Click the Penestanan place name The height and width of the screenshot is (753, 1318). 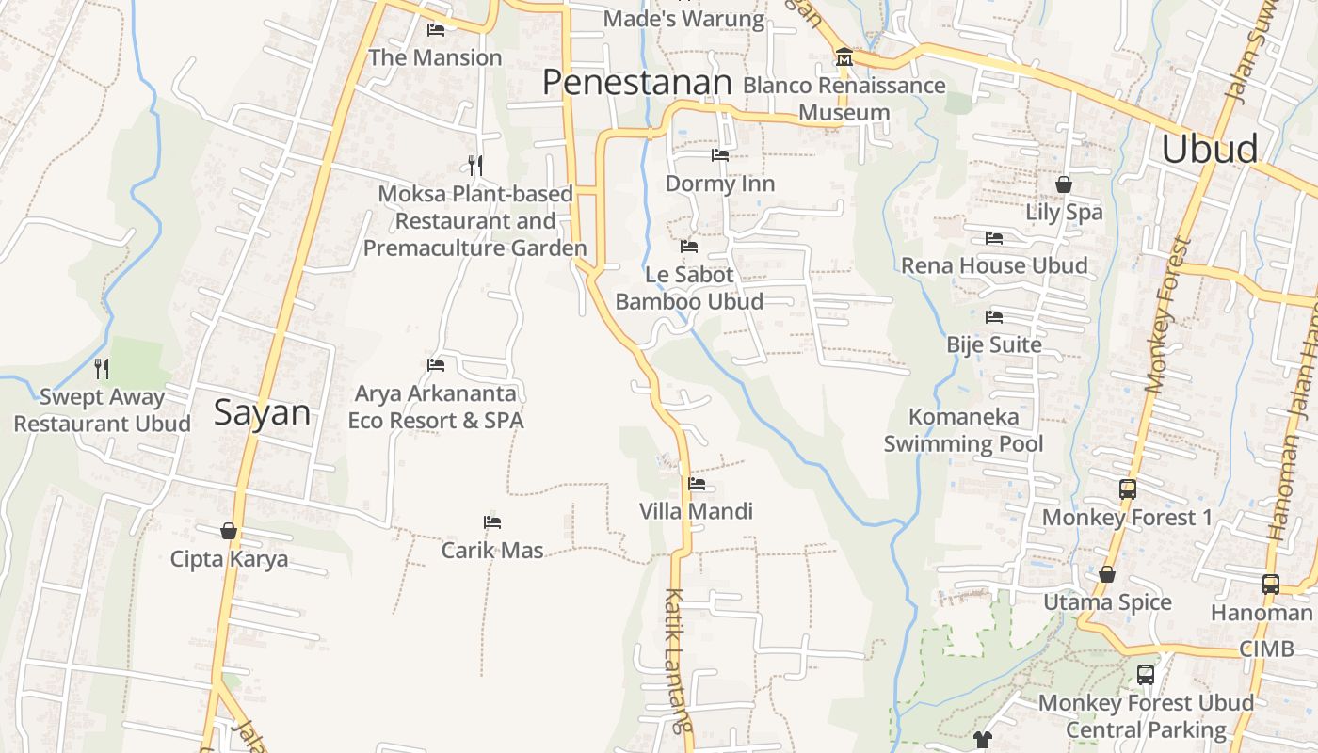pyautogui.click(x=636, y=83)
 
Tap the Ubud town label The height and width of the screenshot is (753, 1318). pyautogui.click(x=1209, y=149)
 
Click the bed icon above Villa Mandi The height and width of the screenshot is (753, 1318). pyautogui.click(x=697, y=484)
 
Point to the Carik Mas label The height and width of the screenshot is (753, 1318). pyautogui.click(x=492, y=550)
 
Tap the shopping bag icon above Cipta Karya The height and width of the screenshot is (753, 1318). pyautogui.click(x=228, y=531)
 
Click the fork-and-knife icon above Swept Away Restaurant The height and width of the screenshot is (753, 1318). pyautogui.click(x=102, y=368)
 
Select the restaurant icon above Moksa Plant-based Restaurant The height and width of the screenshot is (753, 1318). pyautogui.click(x=475, y=166)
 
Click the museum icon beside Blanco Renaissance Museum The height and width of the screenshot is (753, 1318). pyautogui.click(x=844, y=58)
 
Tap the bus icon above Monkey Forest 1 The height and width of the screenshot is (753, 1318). pyautogui.click(x=1127, y=489)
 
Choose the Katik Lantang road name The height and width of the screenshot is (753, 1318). pyautogui.click(x=678, y=659)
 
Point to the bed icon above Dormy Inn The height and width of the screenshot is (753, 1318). pyautogui.click(x=720, y=155)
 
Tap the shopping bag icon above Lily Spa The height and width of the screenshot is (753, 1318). pyautogui.click(x=1064, y=184)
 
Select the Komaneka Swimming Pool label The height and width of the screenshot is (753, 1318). pyautogui.click(x=963, y=430)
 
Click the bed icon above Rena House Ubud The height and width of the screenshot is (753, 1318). pyautogui.click(x=994, y=238)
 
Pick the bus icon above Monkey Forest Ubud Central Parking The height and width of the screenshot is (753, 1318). pyautogui.click(x=1146, y=674)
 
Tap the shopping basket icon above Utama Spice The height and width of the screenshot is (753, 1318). pyautogui.click(x=1107, y=574)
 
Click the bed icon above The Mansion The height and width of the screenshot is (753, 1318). pyautogui.click(x=435, y=30)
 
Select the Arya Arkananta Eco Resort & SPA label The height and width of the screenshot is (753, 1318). pyautogui.click(x=436, y=407)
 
